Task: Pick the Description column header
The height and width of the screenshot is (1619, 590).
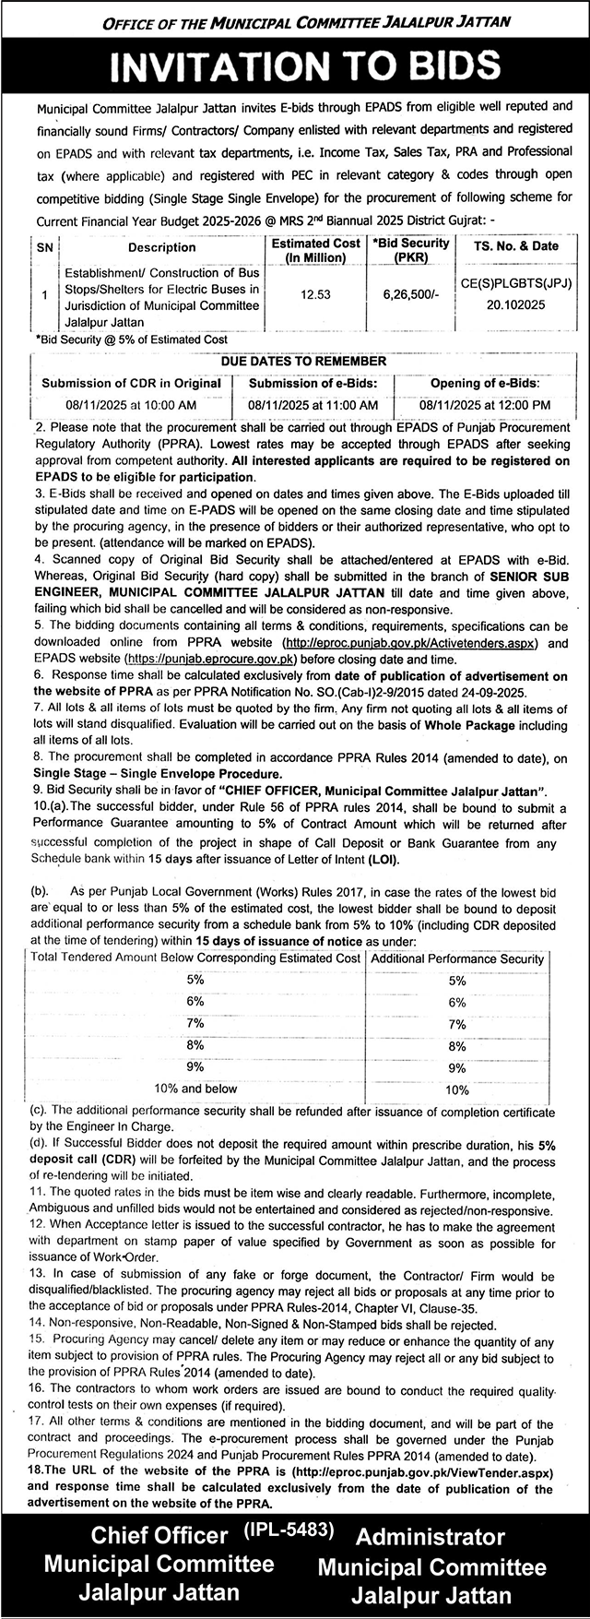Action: (161, 247)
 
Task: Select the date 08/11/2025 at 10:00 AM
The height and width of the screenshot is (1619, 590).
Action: (131, 405)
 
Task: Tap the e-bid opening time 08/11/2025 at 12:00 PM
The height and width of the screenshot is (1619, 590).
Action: (486, 405)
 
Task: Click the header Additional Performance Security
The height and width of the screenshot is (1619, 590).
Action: (457, 958)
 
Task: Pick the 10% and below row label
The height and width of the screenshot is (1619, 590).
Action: (195, 1089)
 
